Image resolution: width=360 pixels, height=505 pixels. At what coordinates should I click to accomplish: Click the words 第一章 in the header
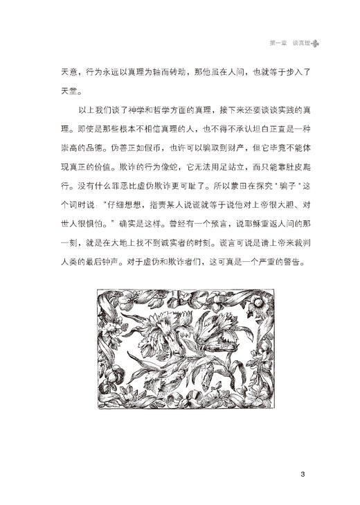tap(278, 43)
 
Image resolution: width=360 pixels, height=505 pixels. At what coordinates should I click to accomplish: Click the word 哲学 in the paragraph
tap(159, 109)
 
